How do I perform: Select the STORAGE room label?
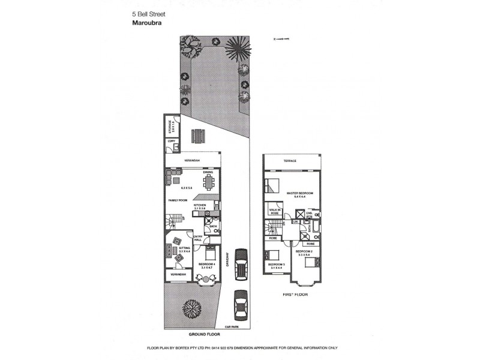pyautogui.click(x=170, y=127)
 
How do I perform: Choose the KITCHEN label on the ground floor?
pyautogui.click(x=200, y=205)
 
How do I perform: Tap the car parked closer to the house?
pyautogui.click(x=242, y=262)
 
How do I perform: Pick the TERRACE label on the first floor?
pyautogui.click(x=290, y=162)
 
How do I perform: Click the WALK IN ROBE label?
pyautogui.click(x=275, y=211)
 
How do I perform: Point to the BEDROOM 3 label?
pyautogui.click(x=276, y=265)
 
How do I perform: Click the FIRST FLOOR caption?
pyautogui.click(x=294, y=295)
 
